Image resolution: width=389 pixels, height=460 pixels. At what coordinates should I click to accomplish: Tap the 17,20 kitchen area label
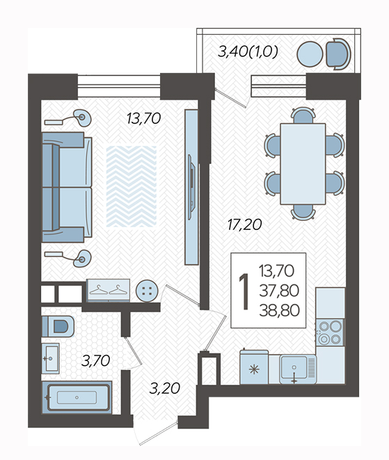[244, 225]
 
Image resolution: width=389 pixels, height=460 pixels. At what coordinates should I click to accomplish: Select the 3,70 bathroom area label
[96, 360]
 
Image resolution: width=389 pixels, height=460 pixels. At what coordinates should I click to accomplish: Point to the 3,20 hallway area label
[164, 388]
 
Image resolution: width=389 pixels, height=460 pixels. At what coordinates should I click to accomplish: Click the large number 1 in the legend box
[244, 291]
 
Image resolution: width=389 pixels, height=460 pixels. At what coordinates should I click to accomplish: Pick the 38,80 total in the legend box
[280, 310]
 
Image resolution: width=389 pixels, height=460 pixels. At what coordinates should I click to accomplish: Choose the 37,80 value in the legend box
[279, 291]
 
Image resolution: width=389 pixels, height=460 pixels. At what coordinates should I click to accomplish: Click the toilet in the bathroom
[58, 326]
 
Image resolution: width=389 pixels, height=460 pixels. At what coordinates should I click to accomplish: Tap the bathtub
[77, 397]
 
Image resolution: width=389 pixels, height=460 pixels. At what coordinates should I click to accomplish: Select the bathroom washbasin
[50, 358]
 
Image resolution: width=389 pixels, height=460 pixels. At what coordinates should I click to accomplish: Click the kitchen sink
[298, 369]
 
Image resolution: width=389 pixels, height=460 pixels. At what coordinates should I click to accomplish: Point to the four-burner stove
[330, 332]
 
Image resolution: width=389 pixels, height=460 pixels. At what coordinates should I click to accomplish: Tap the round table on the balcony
[310, 54]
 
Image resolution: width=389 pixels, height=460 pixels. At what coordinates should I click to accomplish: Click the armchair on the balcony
[338, 54]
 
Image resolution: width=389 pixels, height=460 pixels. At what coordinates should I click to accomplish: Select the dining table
[303, 164]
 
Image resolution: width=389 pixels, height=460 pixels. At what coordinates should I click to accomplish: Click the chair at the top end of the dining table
[303, 115]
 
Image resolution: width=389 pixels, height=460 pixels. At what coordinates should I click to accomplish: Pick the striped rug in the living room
[132, 186]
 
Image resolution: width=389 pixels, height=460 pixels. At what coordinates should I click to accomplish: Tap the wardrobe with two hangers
[109, 290]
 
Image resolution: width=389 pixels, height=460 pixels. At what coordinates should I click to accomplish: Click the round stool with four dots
[147, 291]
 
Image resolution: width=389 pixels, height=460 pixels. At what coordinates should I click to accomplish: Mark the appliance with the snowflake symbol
[254, 367]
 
